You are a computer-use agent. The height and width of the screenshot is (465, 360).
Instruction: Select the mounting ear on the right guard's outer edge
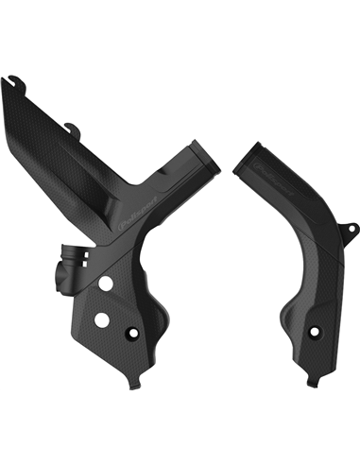[x=351, y=229]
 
